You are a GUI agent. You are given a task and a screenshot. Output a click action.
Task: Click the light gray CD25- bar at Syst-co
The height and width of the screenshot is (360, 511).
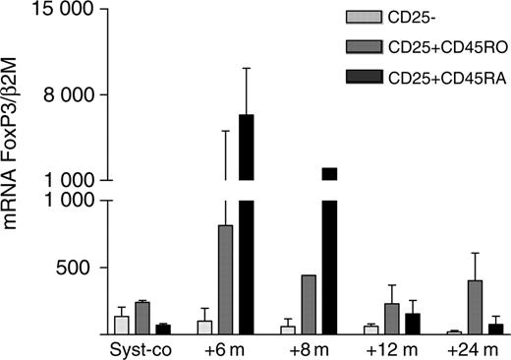coord(122,326)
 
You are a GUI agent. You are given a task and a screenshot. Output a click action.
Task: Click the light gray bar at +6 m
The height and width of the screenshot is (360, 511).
coord(205,328)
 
